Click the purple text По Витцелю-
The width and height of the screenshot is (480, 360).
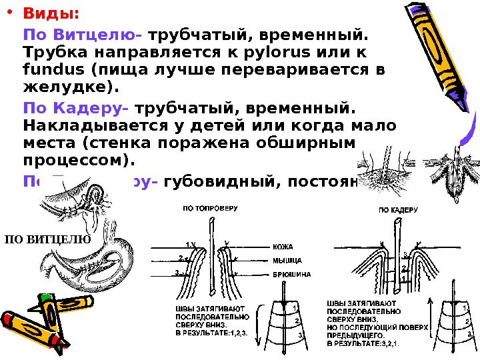coord(83,33)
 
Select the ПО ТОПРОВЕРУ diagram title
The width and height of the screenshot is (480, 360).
coord(210,209)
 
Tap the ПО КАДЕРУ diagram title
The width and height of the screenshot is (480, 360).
coord(398,209)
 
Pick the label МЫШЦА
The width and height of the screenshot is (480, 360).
coord(286,260)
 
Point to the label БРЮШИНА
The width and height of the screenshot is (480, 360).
coord(290,274)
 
